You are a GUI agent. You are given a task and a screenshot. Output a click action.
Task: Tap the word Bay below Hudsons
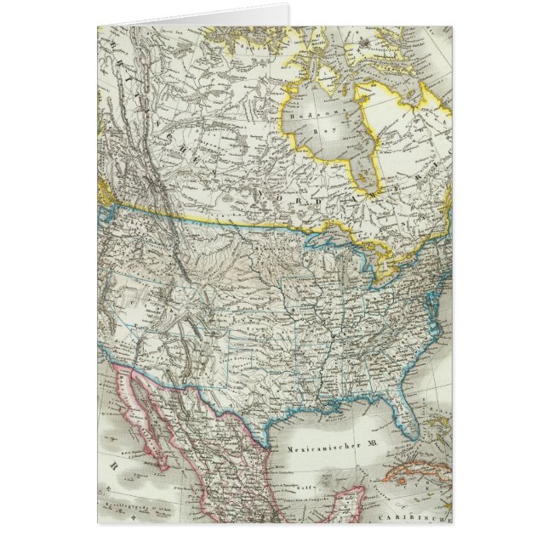pyautogui.click(x=326, y=133)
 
